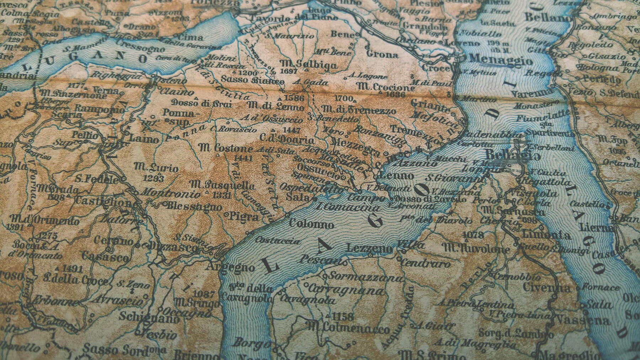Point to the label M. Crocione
pos(386,87)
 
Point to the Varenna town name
pos(532,93)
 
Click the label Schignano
pos(149,317)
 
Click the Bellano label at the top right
pos(548,17)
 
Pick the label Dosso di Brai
pos(202,104)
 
